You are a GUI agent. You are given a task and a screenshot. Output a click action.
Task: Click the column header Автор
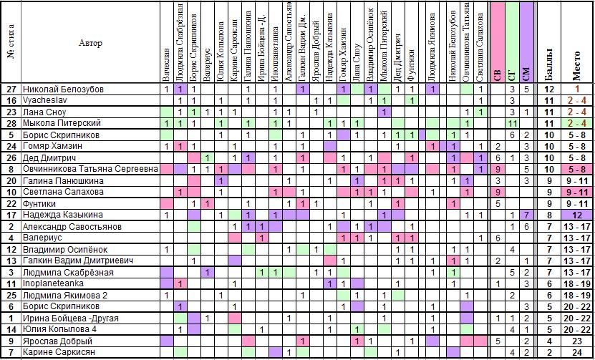(x=91, y=43)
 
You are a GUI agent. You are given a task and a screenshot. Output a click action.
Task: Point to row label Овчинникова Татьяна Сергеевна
(x=83, y=170)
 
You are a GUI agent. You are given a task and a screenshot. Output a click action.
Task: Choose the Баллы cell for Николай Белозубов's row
(x=549, y=89)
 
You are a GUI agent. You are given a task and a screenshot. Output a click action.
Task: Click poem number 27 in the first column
(x=11, y=89)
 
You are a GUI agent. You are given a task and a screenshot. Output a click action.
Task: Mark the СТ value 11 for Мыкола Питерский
(x=512, y=124)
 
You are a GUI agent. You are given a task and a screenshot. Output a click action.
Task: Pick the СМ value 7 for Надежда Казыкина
(x=527, y=215)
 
